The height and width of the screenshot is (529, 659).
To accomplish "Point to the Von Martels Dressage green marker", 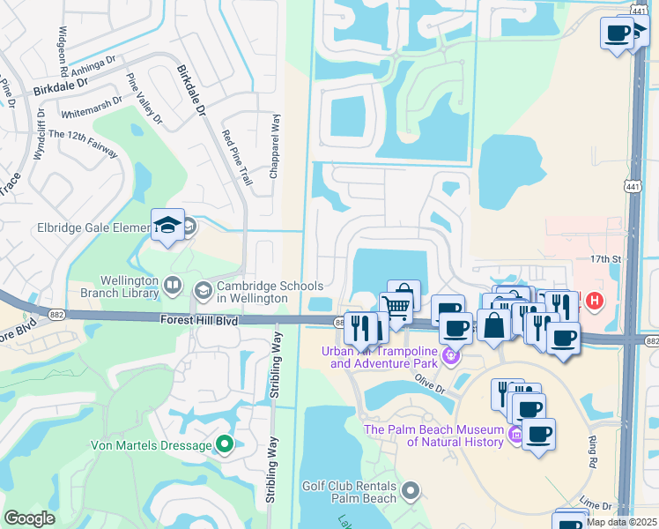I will (x=225, y=444).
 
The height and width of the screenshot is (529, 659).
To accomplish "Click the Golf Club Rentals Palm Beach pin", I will (x=410, y=488).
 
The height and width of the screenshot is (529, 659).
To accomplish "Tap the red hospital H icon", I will (x=595, y=301).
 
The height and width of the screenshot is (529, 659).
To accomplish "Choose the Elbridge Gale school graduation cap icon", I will (x=167, y=226).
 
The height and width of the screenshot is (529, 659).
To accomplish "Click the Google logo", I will (x=30, y=518).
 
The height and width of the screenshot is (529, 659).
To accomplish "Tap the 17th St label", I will (x=606, y=259).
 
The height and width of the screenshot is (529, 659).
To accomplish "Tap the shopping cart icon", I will (x=397, y=309).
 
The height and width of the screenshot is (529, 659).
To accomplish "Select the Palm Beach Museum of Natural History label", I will (x=435, y=436).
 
